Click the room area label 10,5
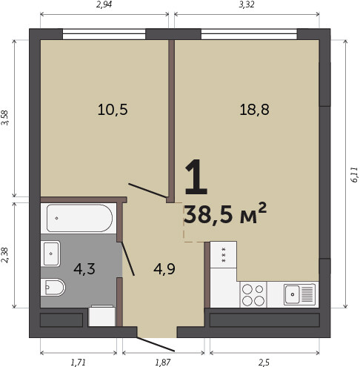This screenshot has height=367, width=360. (113, 110)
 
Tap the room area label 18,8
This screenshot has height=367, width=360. (254, 110)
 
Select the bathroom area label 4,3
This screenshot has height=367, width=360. (84, 269)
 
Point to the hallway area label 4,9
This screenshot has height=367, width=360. (164, 269)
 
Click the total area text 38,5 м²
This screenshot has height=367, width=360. (225, 214)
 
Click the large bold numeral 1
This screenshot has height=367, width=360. (196, 177)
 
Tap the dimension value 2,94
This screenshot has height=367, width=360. (104, 4)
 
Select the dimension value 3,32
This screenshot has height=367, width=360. (247, 4)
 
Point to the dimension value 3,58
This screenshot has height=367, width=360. (5, 118)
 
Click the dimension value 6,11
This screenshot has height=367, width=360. (354, 175)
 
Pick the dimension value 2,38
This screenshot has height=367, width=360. (5, 255)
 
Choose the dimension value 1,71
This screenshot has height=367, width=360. (78, 363)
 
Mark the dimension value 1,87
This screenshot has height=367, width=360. (163, 363)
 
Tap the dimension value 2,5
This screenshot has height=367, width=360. (264, 363)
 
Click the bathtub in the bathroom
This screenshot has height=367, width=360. (79, 218)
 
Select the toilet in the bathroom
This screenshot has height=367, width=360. (53, 287)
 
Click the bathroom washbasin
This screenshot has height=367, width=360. (50, 254)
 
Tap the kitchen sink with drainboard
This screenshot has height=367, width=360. (299, 294)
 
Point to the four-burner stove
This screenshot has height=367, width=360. (253, 294)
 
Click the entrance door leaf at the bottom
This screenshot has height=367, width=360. (156, 344)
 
